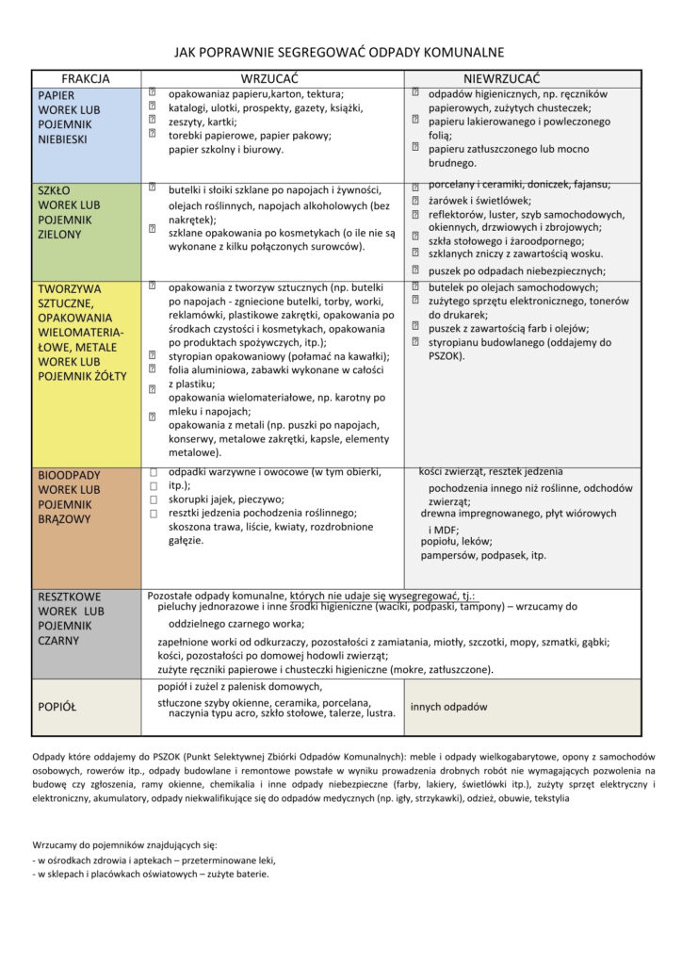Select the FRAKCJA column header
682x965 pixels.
click(86, 78)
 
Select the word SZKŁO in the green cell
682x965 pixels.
click(55, 189)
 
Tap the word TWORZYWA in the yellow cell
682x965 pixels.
click(70, 288)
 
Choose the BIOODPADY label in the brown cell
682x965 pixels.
click(69, 475)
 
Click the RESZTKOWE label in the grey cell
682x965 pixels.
click(70, 597)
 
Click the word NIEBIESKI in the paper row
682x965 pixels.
click(63, 139)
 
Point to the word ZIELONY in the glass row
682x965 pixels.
click(59, 234)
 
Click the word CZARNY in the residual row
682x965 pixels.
click(59, 641)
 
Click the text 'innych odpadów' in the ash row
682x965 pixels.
click(448, 706)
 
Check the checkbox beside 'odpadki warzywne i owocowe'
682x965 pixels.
click(152, 470)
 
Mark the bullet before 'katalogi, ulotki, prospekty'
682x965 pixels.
click(152, 107)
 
